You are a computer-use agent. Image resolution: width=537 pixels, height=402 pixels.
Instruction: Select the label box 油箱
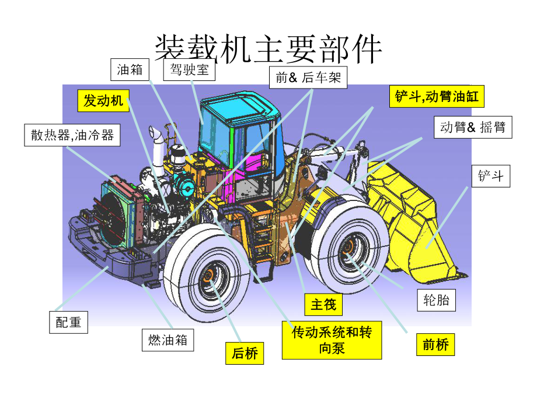pos(130,70)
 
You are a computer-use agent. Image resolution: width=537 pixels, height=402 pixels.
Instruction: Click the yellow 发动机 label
pos(103,101)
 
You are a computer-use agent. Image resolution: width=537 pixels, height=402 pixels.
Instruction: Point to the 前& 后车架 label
pos(308,77)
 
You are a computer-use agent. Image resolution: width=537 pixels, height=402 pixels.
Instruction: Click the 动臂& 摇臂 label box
pos(473,127)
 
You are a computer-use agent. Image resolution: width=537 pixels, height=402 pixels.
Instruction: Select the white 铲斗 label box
pos(490,175)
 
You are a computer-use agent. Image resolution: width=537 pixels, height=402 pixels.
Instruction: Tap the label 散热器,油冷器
pos(72,135)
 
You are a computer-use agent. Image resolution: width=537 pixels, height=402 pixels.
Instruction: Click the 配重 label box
pos(68,322)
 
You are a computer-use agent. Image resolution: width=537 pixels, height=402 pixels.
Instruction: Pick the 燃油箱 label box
pos(168,340)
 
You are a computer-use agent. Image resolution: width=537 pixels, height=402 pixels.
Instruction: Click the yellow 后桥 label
pos(245,353)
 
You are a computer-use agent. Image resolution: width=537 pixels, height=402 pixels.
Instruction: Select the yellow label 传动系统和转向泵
pos(332,340)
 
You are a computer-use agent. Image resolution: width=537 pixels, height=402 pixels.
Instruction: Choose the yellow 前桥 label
pos(435,345)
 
